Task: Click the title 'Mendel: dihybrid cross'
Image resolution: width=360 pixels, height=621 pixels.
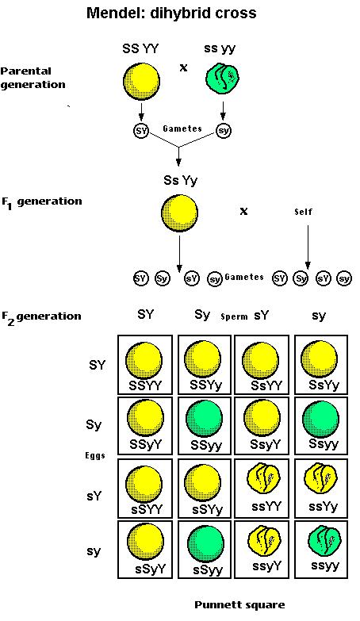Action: [x=183, y=13]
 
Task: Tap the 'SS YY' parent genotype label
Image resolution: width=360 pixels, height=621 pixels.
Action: [x=141, y=48]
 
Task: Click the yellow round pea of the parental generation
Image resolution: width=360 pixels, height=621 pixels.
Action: [x=141, y=82]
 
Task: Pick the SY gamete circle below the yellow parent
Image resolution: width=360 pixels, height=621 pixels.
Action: [x=141, y=129]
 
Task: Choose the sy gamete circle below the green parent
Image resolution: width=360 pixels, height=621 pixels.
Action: [x=224, y=129]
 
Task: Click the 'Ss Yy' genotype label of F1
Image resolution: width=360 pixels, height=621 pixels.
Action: [x=179, y=182]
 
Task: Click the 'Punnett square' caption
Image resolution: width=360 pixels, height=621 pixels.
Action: [x=239, y=605]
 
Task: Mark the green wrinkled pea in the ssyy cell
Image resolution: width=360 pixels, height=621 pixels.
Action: [x=322, y=539]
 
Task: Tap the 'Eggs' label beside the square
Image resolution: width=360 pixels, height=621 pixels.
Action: [x=96, y=456]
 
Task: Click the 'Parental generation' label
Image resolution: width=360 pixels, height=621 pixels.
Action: [x=33, y=77]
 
